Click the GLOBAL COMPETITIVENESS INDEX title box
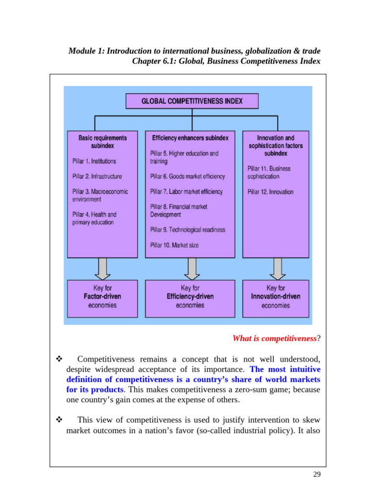point(191,101)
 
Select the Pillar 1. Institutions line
point(94,161)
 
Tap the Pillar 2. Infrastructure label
point(97,176)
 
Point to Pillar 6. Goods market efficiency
point(188,176)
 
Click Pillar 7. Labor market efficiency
point(186,192)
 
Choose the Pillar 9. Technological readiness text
point(188,229)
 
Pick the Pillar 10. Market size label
point(174,245)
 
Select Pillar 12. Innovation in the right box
point(270,192)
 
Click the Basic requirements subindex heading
point(102,141)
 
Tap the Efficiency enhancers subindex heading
point(190,138)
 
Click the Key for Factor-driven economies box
point(102,296)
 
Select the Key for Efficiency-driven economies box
point(190,296)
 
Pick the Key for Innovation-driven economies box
point(276,296)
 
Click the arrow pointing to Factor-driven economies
point(102,268)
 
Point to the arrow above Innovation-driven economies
point(277,268)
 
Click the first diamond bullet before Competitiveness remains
point(58,360)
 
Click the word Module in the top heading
point(82,51)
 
